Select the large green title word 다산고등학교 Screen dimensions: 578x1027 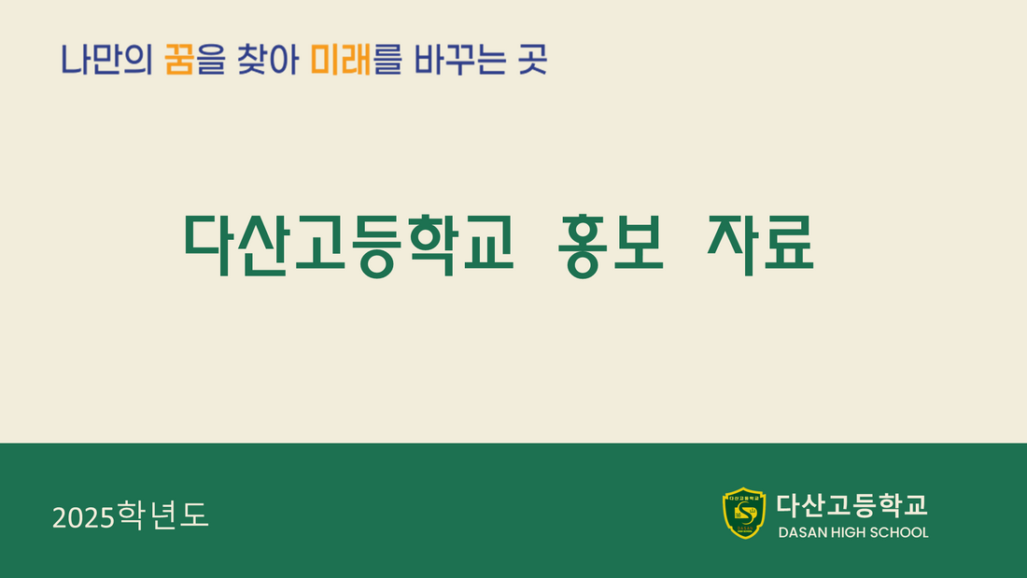point(349,244)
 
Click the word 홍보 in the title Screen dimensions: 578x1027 point(611,244)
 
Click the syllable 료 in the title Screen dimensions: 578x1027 point(788,244)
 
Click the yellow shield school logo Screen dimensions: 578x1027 point(744,513)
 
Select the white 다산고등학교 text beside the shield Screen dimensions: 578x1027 point(852,504)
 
